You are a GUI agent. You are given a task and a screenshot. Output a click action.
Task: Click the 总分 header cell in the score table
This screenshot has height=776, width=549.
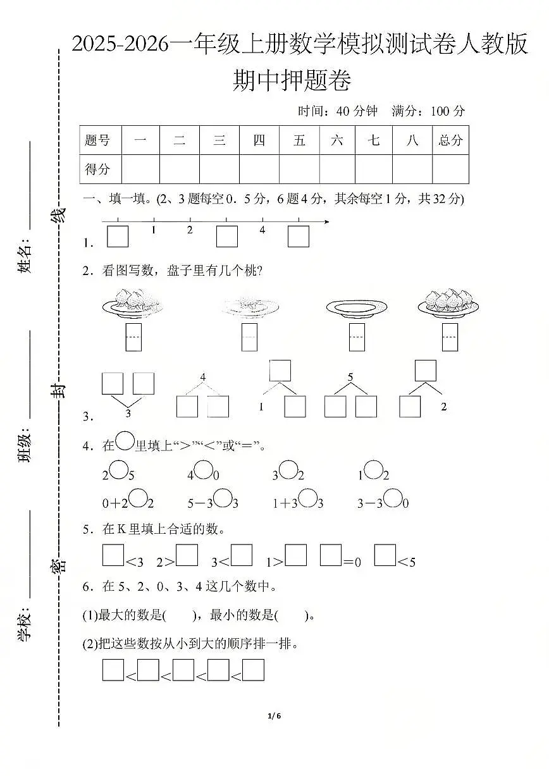450,140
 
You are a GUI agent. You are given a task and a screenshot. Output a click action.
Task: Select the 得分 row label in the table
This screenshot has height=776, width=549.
97,169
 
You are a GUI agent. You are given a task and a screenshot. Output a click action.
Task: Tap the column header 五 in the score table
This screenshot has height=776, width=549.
299,140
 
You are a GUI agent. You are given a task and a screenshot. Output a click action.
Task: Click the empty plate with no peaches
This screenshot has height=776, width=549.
356,308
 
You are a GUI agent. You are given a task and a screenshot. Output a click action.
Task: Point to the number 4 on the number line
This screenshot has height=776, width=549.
262,230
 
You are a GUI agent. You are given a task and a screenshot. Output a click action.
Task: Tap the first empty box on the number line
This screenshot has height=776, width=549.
118,236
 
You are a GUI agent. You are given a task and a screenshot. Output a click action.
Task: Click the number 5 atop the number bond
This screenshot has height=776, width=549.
350,378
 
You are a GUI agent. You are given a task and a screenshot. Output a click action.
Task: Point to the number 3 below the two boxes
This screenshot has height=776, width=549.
128,413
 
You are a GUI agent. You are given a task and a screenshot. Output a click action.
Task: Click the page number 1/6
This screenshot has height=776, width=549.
274,716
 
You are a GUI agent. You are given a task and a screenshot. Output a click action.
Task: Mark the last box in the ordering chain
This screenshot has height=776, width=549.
253,670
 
